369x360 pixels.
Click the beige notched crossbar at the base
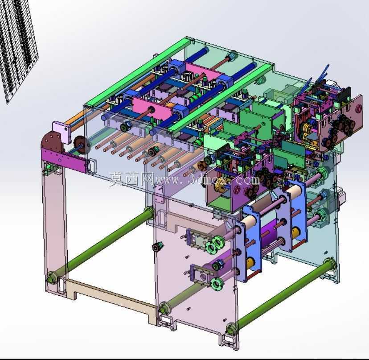coord(111,299)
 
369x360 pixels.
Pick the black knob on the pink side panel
coord(157,248)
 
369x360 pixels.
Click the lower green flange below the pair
coord(217,284)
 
